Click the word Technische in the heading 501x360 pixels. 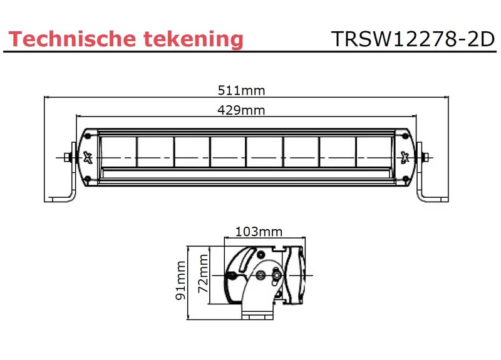[73, 39]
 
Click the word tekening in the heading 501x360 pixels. [194, 39]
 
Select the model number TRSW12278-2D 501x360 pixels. [413, 39]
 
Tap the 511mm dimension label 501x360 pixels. [241, 90]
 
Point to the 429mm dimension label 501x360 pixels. [241, 110]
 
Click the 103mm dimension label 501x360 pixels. [259, 232]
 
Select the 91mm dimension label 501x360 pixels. [180, 280]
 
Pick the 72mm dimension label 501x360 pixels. [203, 274]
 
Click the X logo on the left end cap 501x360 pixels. [88, 157]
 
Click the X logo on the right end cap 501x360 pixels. [405, 157]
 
